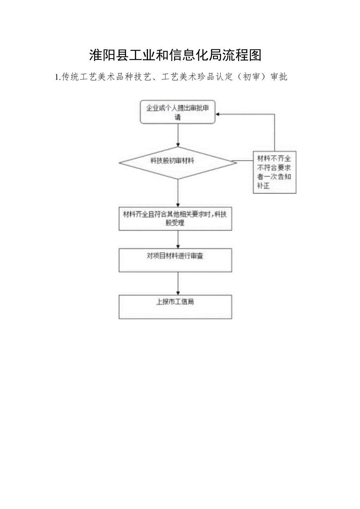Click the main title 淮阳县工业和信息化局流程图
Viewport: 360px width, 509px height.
(x=175, y=55)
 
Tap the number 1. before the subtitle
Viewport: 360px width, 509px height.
(x=58, y=77)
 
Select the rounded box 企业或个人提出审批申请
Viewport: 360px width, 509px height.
(x=178, y=112)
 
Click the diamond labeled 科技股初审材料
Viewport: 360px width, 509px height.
(x=178, y=161)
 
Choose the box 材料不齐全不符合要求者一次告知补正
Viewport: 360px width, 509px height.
(x=274, y=172)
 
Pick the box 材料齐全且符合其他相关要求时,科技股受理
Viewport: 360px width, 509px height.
(x=175, y=219)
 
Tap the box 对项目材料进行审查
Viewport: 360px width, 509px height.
(x=175, y=260)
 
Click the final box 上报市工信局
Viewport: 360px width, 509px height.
(x=175, y=306)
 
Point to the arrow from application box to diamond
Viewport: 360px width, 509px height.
(x=178, y=135)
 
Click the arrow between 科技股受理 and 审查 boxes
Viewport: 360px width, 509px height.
(x=178, y=239)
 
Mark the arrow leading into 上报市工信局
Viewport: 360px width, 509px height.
(x=178, y=284)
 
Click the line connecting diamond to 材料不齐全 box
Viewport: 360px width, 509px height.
(x=245, y=161)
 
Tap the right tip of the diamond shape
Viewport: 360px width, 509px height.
(x=236, y=161)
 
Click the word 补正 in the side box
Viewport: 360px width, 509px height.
(x=264, y=186)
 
